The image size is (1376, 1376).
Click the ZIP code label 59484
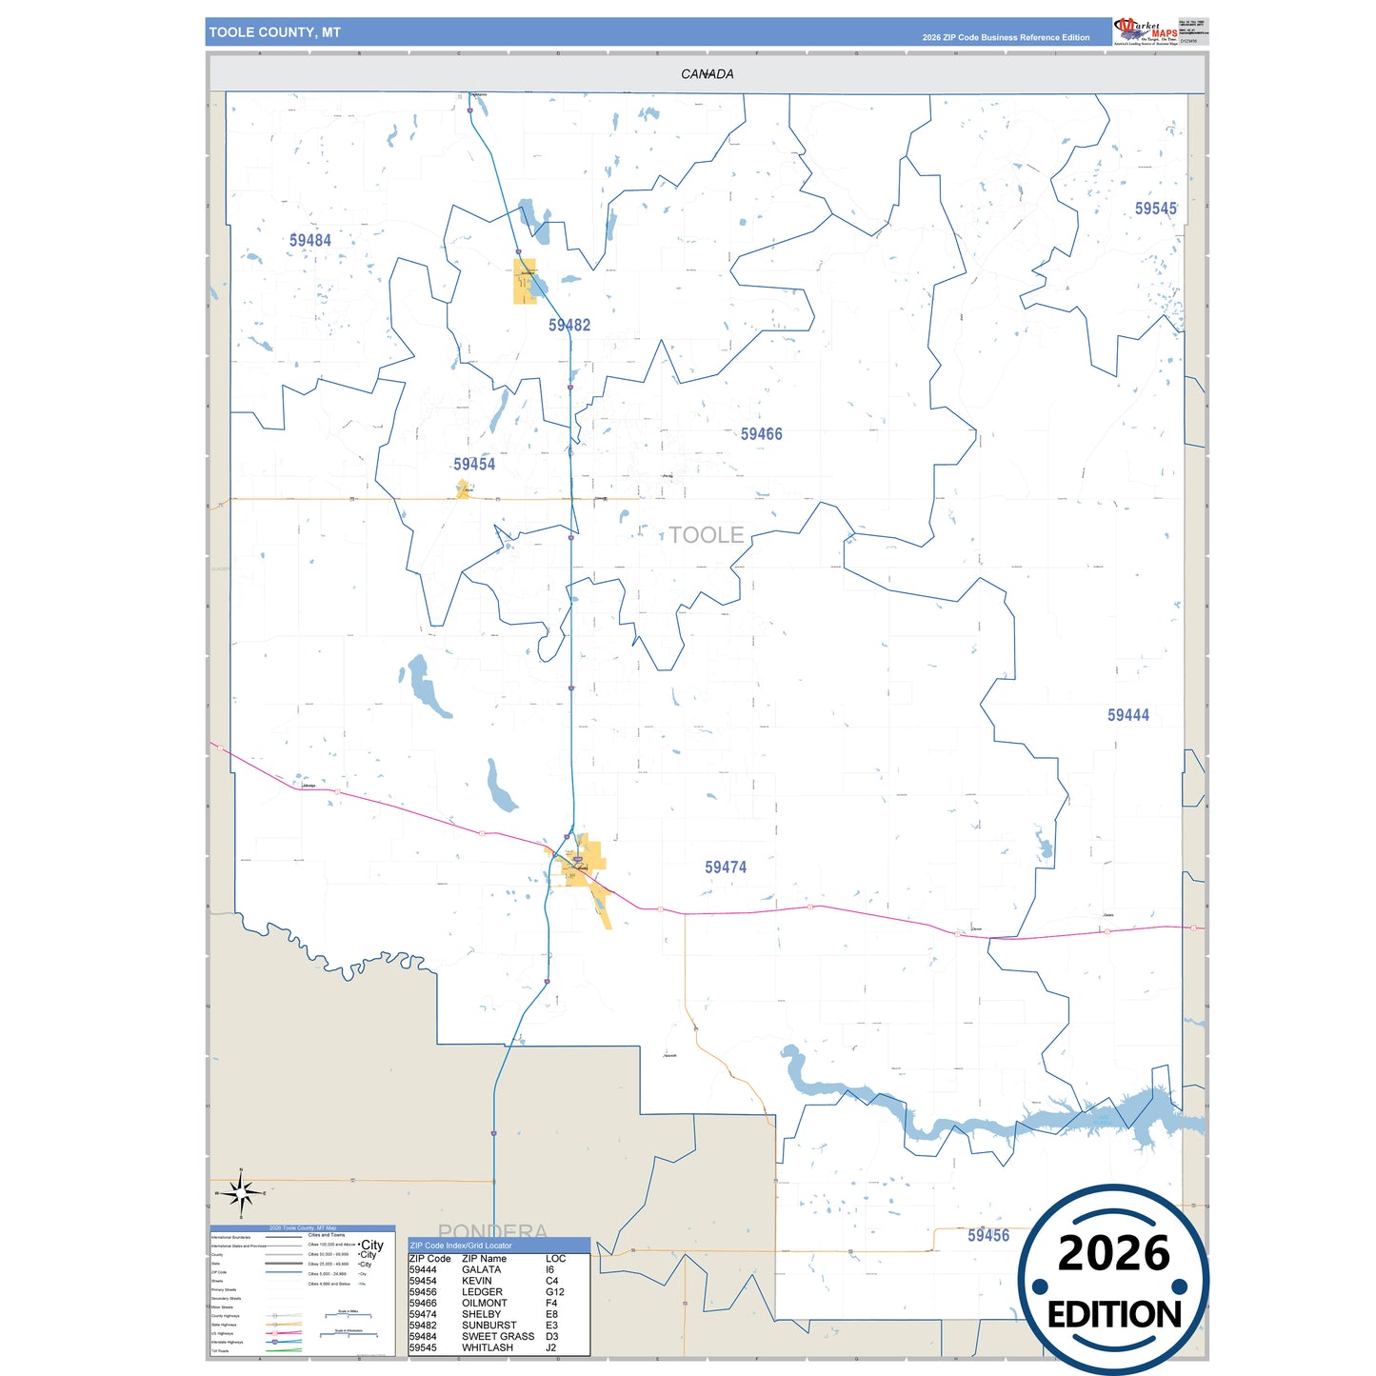[x=310, y=241]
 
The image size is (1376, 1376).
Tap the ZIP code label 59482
[x=569, y=326]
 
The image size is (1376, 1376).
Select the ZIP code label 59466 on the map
[x=762, y=434]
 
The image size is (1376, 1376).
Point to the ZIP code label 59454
[x=474, y=465]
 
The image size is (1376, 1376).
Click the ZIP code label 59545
[x=1155, y=209]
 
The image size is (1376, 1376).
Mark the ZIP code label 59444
[x=1127, y=715]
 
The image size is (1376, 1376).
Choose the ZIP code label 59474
[x=726, y=867]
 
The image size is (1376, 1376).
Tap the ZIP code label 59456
[x=988, y=1235]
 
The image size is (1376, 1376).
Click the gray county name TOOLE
[x=706, y=535]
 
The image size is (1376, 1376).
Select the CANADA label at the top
[x=707, y=74]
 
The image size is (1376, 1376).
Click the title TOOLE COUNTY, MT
[x=275, y=32]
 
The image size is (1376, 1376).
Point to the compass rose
[x=241, y=1192]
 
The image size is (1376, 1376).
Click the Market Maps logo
[x=1146, y=31]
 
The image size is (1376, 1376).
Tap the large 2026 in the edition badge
[x=1113, y=1254]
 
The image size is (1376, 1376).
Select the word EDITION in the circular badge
[x=1114, y=1315]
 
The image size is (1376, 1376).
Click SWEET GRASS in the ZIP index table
[x=498, y=1337]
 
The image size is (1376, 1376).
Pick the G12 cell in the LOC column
[x=555, y=1292]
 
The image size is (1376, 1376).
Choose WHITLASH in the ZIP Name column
[x=488, y=1348]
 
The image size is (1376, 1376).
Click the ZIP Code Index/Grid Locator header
[x=461, y=1246]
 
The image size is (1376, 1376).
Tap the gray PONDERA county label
[x=492, y=1231]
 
